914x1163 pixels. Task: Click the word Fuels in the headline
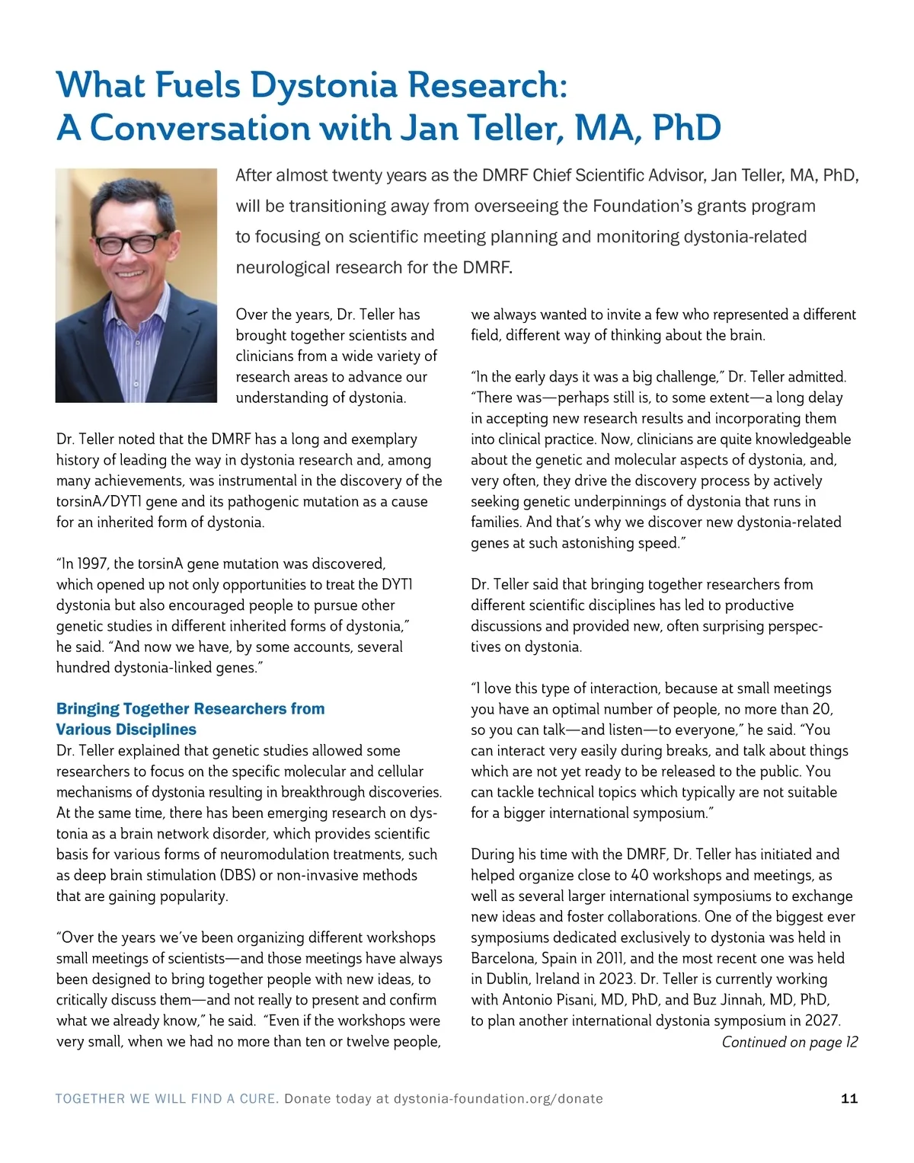coord(198,85)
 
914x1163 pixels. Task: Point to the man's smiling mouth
coord(129,273)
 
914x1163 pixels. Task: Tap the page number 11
coord(849,1098)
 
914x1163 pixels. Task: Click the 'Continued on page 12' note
coord(789,1042)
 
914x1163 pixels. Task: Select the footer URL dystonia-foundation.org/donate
coord(498,1099)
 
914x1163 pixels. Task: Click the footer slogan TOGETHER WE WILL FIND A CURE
coord(167,1099)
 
